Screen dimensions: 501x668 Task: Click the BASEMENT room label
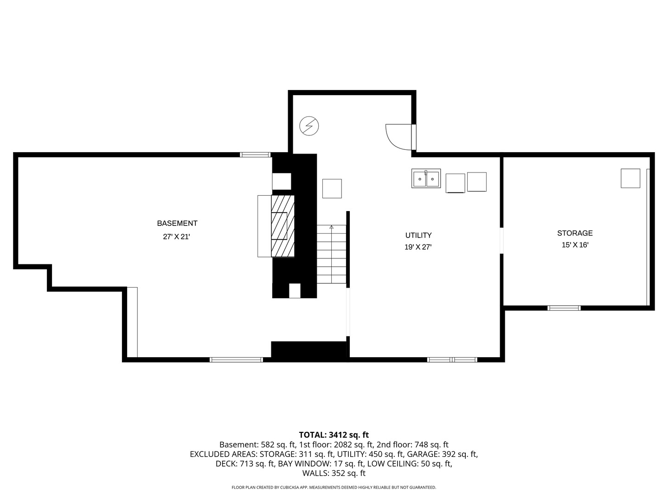click(x=177, y=224)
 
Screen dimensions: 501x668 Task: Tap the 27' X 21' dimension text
click(x=177, y=237)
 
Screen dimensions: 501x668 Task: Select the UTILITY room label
click(x=418, y=235)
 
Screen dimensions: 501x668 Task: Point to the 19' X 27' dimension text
click(x=418, y=247)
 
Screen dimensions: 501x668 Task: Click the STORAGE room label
click(x=575, y=233)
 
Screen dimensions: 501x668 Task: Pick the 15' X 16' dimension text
click(x=575, y=245)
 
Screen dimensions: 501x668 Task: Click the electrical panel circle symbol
click(x=309, y=126)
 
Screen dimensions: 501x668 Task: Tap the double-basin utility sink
click(x=426, y=179)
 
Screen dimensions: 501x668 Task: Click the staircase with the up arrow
click(x=332, y=254)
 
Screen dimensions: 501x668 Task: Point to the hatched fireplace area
click(x=283, y=226)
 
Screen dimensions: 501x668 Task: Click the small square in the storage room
click(x=630, y=178)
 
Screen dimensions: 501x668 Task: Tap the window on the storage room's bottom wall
click(x=564, y=308)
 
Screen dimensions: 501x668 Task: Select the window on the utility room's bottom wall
click(x=452, y=360)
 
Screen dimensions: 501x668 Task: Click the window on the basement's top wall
click(x=255, y=154)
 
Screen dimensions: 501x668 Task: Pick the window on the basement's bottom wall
click(x=236, y=360)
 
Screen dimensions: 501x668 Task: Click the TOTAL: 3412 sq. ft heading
click(x=334, y=435)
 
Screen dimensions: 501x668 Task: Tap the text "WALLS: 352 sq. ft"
click(x=334, y=473)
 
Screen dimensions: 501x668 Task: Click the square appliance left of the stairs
click(x=332, y=189)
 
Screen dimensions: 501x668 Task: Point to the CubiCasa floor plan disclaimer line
click(x=334, y=488)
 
